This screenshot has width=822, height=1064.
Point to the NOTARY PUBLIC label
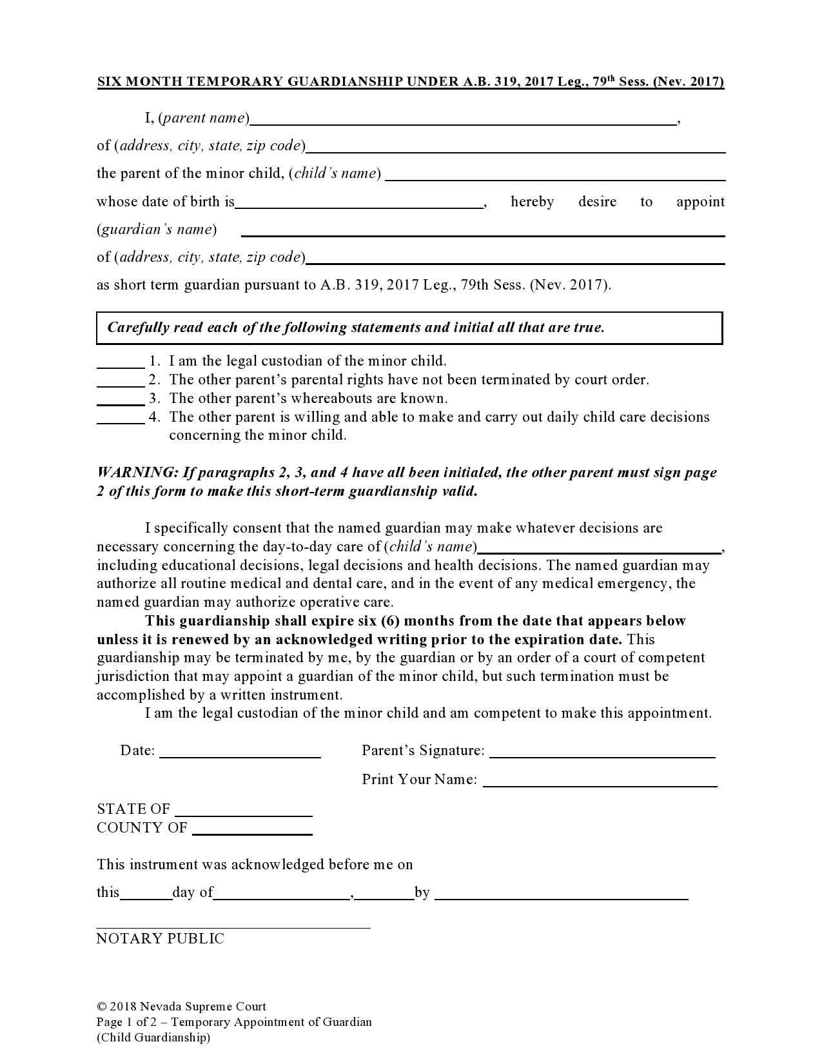160,938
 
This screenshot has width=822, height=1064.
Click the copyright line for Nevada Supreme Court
181,1007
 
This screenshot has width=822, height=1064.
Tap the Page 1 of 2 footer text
234,1022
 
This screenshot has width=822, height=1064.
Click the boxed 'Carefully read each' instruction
356,328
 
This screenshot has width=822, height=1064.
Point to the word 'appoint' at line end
700,202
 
